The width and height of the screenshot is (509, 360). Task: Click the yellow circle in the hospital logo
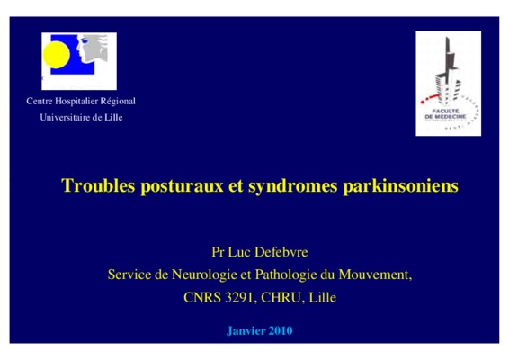tap(56, 55)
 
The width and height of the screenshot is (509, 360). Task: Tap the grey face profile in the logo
tap(92, 48)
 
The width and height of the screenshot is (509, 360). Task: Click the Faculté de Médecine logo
tap(448, 84)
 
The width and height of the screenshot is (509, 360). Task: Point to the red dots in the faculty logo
tap(429, 99)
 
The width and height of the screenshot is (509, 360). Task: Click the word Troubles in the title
tap(98, 185)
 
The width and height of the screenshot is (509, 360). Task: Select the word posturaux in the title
tap(182, 186)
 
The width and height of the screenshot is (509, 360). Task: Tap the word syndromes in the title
tap(293, 186)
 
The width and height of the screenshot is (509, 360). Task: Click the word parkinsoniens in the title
tap(400, 186)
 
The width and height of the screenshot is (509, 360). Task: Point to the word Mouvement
tap(375, 274)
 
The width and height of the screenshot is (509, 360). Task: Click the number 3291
tap(239, 297)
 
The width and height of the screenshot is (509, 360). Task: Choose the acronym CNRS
tap(202, 297)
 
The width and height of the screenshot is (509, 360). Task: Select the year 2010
tap(281, 330)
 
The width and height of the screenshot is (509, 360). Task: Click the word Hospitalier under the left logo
tap(76, 102)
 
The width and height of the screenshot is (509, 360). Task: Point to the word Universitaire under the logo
tap(65, 117)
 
